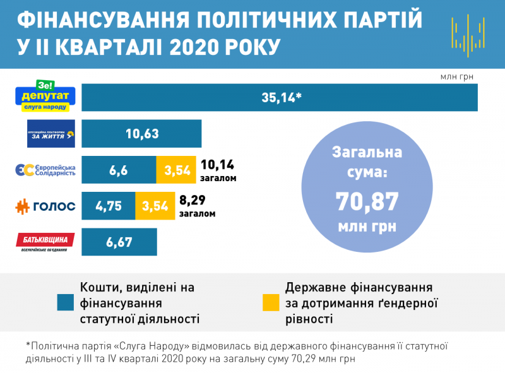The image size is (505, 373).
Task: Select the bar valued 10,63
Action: (x=141, y=134)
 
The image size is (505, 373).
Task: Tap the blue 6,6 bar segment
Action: (x=119, y=170)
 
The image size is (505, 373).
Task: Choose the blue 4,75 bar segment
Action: (x=108, y=206)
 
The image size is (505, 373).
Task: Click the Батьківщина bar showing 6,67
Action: (x=119, y=242)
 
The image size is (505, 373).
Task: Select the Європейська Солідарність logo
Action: (x=45, y=170)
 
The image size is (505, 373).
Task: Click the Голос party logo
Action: (x=45, y=206)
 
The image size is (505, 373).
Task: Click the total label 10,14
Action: (x=217, y=165)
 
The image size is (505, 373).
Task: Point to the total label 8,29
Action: (x=197, y=201)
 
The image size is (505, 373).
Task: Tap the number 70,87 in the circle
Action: (x=367, y=201)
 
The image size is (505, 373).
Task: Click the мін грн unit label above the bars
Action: (x=456, y=77)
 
